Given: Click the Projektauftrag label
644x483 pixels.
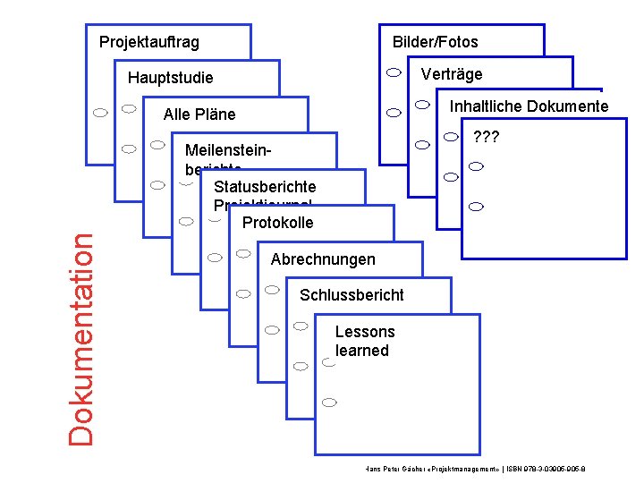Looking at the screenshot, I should click(x=149, y=42).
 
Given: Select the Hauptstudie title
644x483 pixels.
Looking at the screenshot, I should click(x=171, y=78).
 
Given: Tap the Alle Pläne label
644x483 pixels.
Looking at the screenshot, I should click(x=199, y=114).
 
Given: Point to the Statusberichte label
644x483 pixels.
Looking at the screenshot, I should click(x=265, y=187).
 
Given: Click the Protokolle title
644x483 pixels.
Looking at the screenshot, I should click(x=278, y=223).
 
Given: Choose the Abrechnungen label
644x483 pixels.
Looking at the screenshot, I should click(x=323, y=259).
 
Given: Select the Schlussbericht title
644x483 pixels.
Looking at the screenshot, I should click(x=352, y=295).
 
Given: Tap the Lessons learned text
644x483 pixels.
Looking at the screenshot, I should click(x=363, y=341).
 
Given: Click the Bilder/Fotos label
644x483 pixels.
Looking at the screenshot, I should click(x=436, y=42).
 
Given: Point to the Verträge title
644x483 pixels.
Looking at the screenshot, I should click(x=451, y=74).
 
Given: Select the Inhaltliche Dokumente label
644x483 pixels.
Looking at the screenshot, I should click(x=529, y=106).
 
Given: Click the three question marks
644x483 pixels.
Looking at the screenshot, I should click(x=486, y=139).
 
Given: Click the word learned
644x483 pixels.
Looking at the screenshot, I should click(x=362, y=351).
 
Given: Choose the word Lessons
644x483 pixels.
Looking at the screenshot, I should click(x=365, y=332).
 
